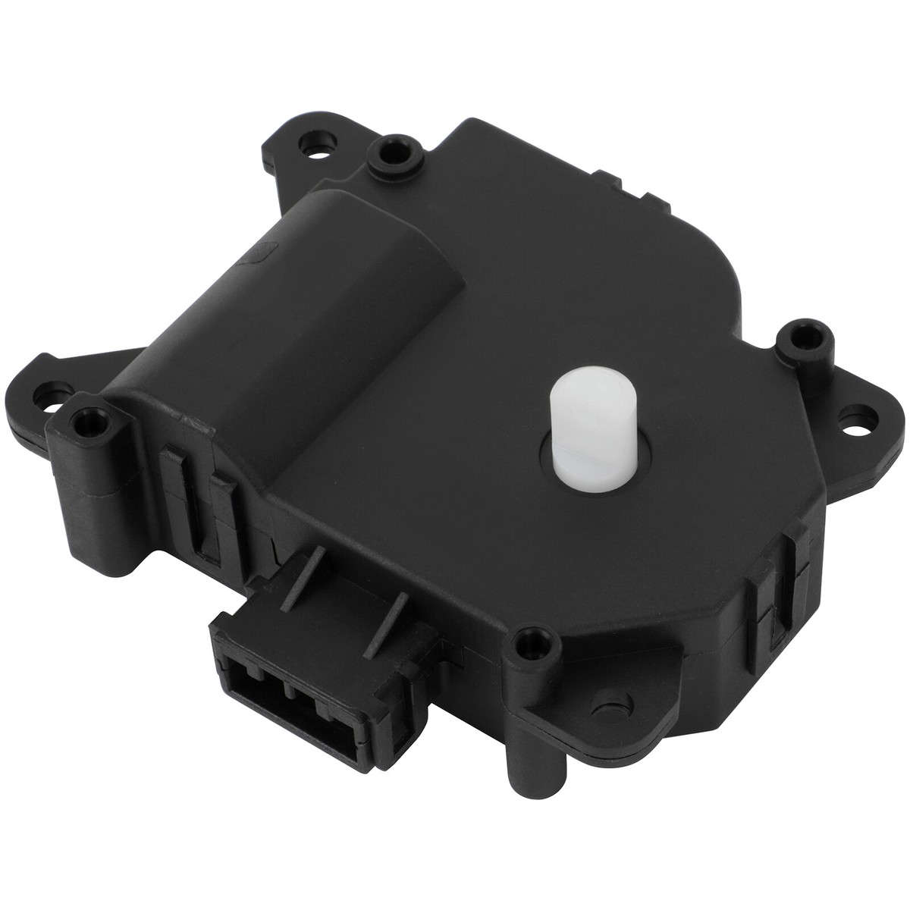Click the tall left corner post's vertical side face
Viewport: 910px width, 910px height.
point(76,485)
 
